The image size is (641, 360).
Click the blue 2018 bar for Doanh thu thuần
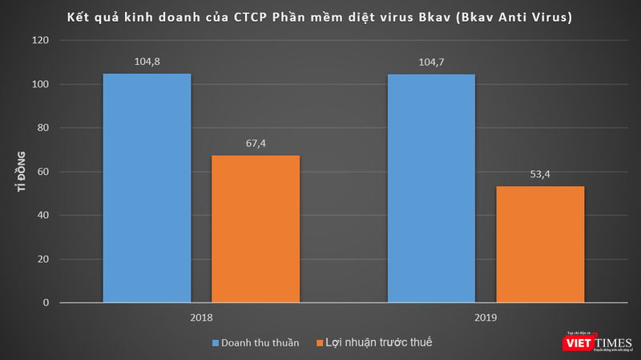coord(147,188)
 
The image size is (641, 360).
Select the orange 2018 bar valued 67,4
coord(256,229)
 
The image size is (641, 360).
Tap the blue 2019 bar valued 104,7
coord(431,188)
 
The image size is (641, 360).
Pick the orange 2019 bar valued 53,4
coord(540,245)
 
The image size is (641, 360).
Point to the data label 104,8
coord(147,59)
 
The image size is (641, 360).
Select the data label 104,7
coord(431,59)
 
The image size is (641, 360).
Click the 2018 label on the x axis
coord(201,318)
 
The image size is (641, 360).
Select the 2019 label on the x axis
coord(486,318)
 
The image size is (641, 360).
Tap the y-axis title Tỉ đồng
coord(20,172)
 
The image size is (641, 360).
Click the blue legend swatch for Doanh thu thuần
coord(216,343)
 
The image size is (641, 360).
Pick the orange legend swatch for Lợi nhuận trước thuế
coord(320,343)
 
